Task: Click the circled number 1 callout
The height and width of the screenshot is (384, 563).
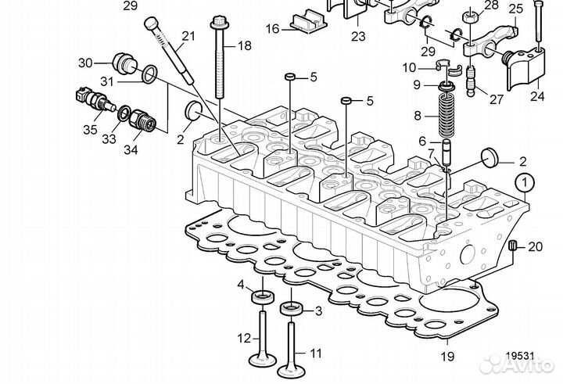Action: coord(525,185)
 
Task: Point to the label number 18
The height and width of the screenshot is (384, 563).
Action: coord(244,46)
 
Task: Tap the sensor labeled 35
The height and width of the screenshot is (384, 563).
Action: coord(93,99)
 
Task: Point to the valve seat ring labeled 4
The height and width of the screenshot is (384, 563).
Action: coord(263,296)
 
